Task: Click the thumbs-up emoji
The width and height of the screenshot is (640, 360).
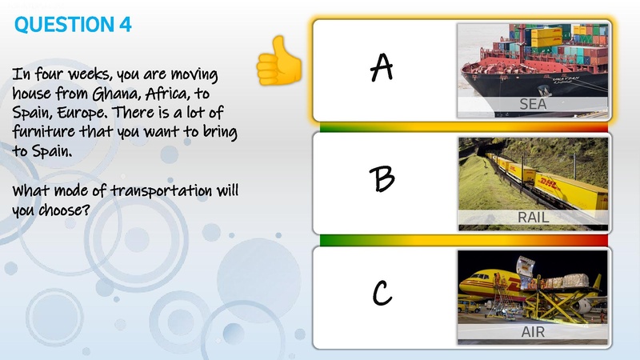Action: coord(278,62)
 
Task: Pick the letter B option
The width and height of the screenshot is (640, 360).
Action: coord(383,180)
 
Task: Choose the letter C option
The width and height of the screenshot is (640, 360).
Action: coord(382,295)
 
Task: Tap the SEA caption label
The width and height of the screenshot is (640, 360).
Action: coord(533,104)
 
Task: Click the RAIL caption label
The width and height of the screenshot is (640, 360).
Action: coord(533,217)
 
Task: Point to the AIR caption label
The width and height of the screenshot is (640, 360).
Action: coord(533,330)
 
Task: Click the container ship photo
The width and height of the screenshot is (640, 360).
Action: coord(533,60)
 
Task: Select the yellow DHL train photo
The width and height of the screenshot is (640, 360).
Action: coord(533,176)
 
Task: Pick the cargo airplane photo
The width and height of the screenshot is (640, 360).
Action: coord(533,288)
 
